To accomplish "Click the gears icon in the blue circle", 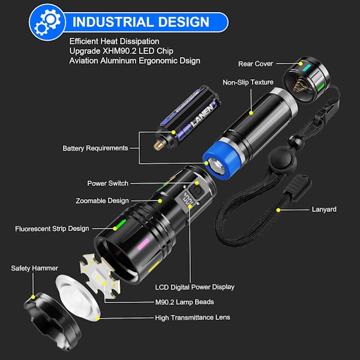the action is point(47,22).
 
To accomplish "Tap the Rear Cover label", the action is point(256,64).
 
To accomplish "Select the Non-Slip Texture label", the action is point(248,82).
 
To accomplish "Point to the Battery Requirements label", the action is point(95,148).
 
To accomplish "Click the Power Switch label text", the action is point(107,183).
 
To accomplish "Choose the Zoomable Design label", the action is point(102,200).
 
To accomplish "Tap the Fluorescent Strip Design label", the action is point(52,229).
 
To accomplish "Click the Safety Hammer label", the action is point(34,268).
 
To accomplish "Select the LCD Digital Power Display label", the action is point(194,287).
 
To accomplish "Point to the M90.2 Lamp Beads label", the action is point(185,302).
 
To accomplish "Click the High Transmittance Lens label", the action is point(193,317).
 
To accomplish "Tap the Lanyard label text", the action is point(324,209).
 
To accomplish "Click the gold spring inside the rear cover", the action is point(301,85).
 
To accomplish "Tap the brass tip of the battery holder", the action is point(158,145).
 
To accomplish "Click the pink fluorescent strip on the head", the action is point(143,244).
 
